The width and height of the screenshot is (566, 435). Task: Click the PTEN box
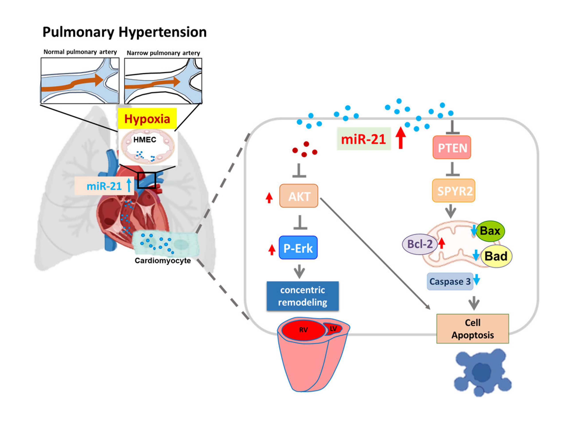(x=451, y=147)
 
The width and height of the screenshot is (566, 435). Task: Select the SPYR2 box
(x=453, y=191)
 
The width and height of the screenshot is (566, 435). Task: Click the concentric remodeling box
(x=302, y=296)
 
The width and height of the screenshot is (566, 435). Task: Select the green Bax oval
(x=490, y=231)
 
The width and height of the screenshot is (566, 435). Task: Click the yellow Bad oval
(x=496, y=256)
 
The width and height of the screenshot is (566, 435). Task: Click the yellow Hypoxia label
(x=147, y=119)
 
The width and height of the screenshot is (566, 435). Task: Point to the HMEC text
(x=144, y=140)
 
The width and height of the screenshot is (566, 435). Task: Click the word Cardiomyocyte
(x=163, y=260)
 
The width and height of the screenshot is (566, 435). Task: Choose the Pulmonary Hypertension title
(x=124, y=32)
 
